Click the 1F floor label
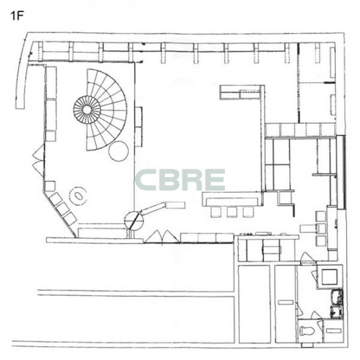click(17, 16)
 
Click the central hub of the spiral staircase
click(87, 110)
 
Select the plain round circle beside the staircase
click(118, 151)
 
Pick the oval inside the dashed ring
click(79, 196)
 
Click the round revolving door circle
click(134, 220)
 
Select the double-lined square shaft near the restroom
click(330, 277)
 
